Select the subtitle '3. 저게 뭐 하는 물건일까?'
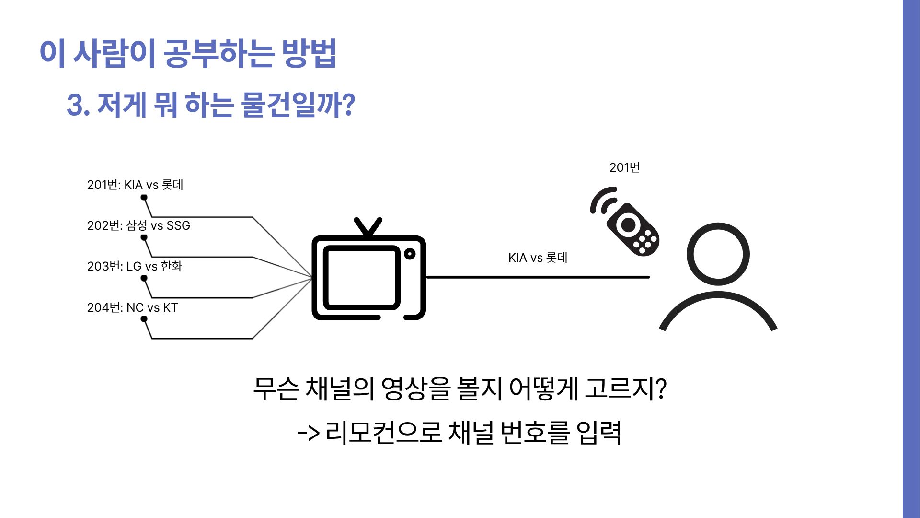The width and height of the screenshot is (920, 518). pos(211,105)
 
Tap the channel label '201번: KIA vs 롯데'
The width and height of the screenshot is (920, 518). pos(135,185)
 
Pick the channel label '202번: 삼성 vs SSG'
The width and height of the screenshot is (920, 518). pos(138,225)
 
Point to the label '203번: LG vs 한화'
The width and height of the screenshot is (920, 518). pos(135,266)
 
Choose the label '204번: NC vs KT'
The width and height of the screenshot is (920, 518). pos(132,307)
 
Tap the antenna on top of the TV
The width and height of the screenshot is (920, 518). pos(368,227)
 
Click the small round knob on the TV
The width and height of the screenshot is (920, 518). pos(410,253)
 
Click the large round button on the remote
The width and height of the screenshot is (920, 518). pos(628,224)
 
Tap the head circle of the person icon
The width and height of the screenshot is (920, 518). pos(718,254)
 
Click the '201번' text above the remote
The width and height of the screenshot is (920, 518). pos(624,167)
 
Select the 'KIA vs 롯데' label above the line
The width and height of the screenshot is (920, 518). pos(538,258)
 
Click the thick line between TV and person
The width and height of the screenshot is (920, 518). pos(538,277)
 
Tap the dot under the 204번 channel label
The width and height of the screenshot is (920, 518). pos(144,319)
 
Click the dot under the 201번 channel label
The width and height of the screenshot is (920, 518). pos(144,197)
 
